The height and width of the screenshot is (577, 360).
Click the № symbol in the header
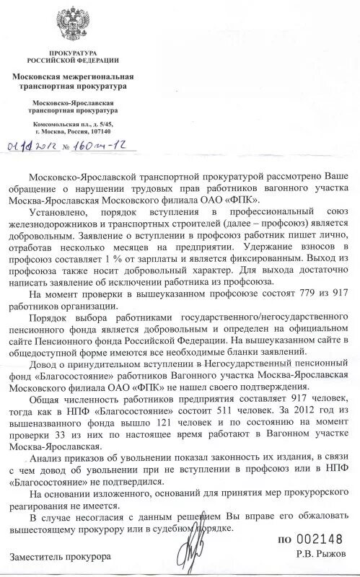[69, 148]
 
